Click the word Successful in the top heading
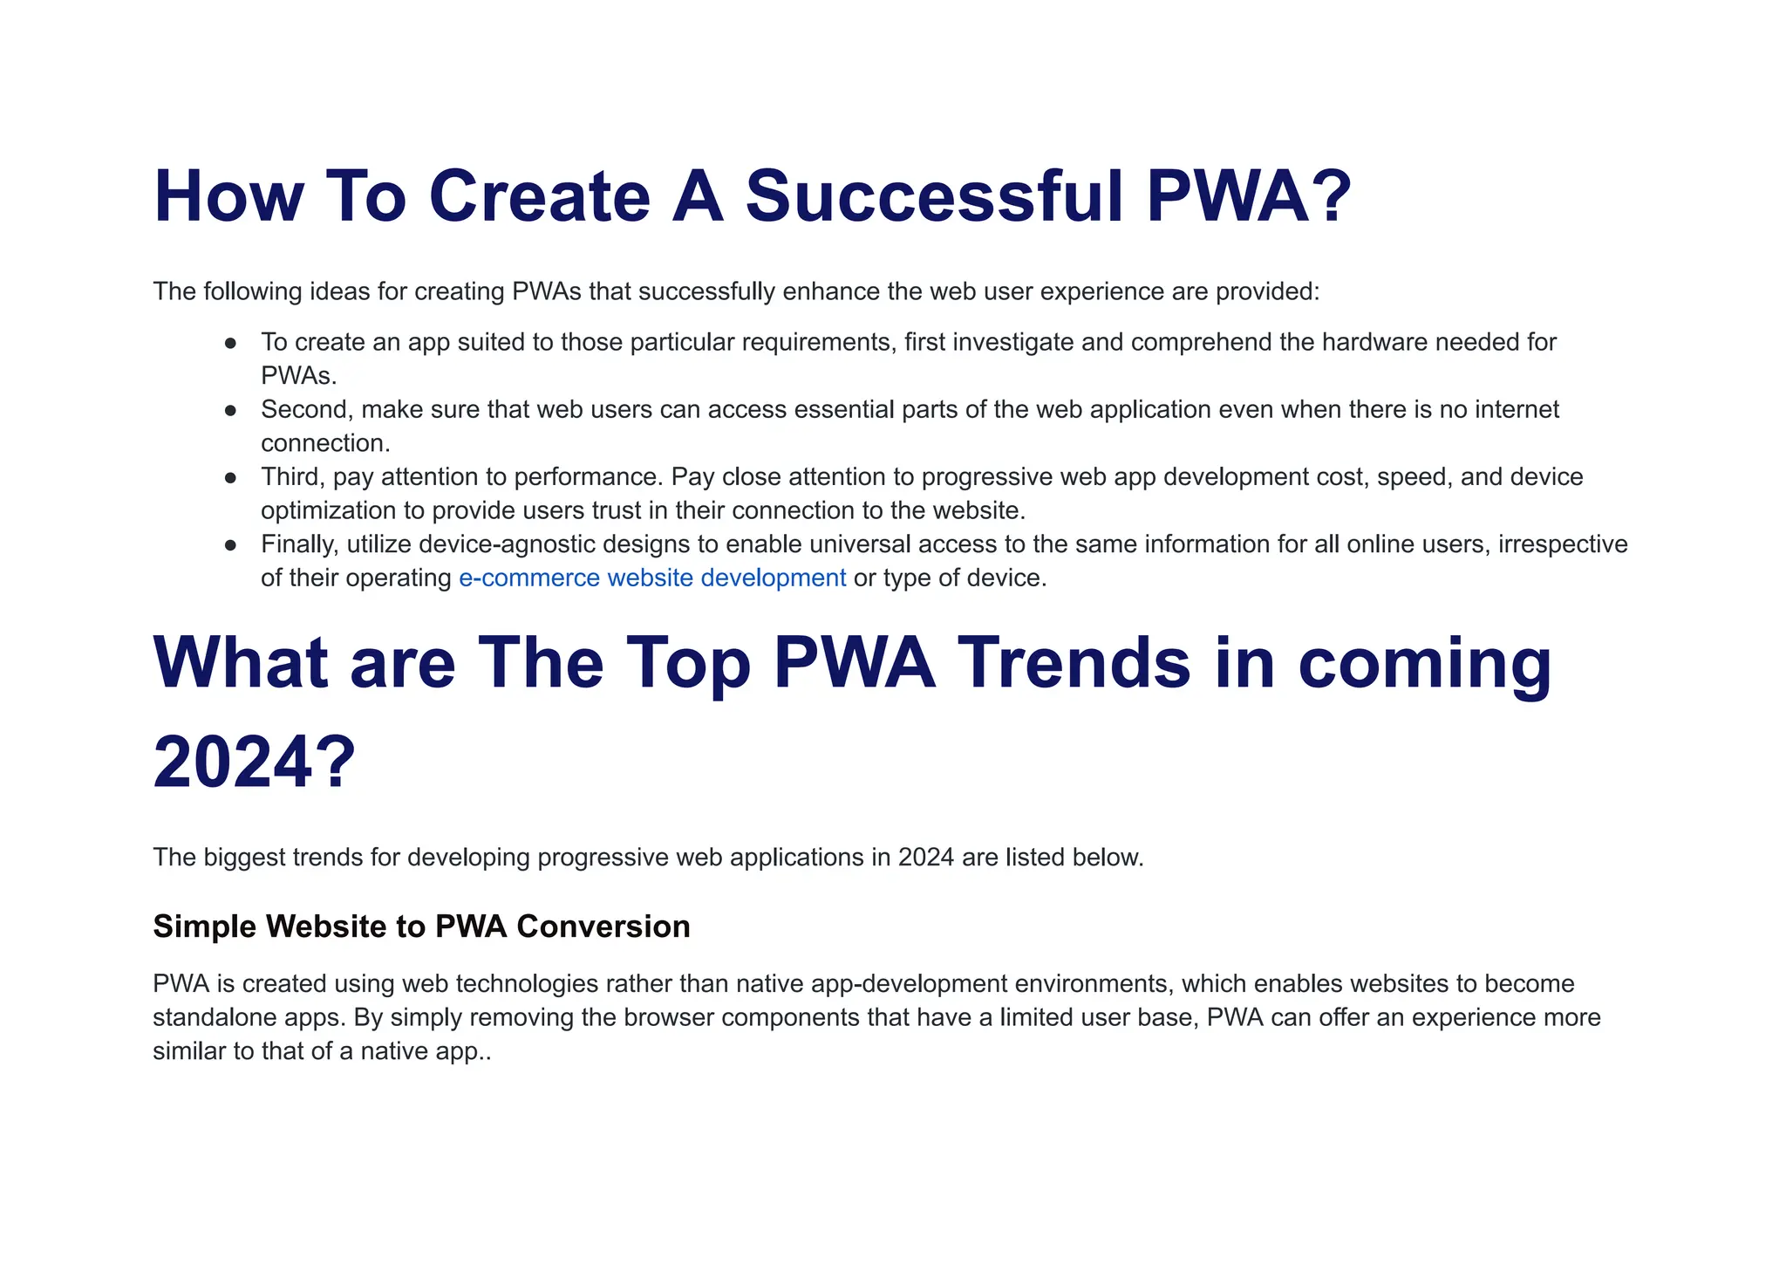(934, 196)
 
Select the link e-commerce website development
(651, 578)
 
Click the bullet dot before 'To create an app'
(230, 343)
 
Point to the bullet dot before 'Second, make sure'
(230, 410)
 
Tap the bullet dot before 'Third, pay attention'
(230, 478)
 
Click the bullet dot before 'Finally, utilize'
(230, 545)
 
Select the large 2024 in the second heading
(233, 762)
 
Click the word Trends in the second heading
(1074, 662)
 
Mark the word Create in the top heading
(540, 196)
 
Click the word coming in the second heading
(1425, 662)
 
